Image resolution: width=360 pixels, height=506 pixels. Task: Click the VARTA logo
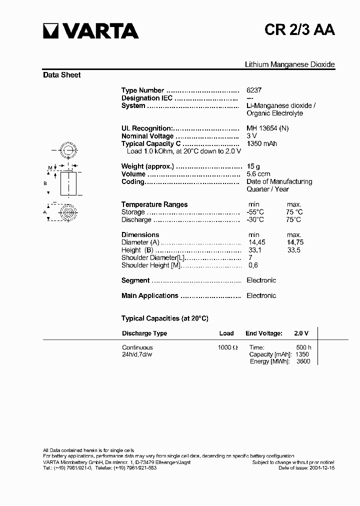(x=90, y=31)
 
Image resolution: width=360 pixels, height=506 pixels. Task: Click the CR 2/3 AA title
(x=300, y=30)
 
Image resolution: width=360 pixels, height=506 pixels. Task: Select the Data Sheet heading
(x=62, y=75)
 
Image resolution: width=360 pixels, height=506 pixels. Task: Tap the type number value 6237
(x=254, y=90)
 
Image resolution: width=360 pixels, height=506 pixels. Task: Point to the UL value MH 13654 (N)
(x=267, y=128)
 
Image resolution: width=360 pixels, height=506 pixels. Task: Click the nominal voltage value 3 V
(x=251, y=136)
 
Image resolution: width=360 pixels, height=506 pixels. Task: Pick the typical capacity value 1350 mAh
(x=261, y=143)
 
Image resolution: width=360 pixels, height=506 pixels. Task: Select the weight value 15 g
(x=253, y=166)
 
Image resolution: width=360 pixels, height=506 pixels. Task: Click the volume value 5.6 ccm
(x=258, y=174)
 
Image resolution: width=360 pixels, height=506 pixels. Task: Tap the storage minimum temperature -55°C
(x=255, y=212)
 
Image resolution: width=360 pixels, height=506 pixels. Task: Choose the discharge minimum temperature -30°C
(x=255, y=219)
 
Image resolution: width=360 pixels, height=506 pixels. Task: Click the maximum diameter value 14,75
(x=295, y=242)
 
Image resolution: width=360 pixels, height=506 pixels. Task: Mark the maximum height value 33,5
(x=294, y=250)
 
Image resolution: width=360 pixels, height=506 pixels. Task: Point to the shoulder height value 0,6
(x=252, y=265)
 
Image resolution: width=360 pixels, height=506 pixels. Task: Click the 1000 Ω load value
(x=227, y=347)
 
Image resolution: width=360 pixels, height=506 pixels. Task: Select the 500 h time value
(x=303, y=347)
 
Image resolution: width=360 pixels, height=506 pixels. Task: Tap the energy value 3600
(x=303, y=361)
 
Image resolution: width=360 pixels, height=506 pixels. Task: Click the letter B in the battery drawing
(x=45, y=183)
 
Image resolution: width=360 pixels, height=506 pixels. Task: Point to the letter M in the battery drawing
(x=50, y=167)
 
